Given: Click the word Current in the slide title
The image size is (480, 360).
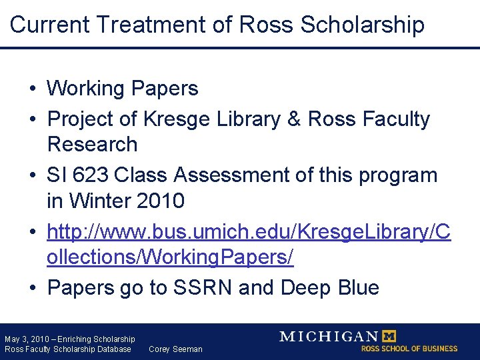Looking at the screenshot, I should coord(50,25).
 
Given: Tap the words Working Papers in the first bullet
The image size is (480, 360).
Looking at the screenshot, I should coord(123,88).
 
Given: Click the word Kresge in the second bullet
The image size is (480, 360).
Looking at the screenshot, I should coord(176,119).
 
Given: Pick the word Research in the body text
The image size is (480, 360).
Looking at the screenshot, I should coord(92,144).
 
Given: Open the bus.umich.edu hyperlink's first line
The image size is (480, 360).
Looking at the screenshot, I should coord(249,231).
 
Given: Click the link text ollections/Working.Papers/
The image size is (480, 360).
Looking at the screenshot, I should coord(170,257).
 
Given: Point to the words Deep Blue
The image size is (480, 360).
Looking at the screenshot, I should coord(330,287).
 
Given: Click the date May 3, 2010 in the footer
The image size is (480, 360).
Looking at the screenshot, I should coord(25,339).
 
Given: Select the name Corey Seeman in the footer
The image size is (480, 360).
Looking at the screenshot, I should coord(175,349).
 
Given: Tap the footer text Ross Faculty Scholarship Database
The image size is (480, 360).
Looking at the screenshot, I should coord(68,349).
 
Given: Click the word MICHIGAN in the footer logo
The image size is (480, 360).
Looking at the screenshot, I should coord(328,337).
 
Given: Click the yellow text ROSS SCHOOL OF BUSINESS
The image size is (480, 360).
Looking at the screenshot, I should coord(409,349).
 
